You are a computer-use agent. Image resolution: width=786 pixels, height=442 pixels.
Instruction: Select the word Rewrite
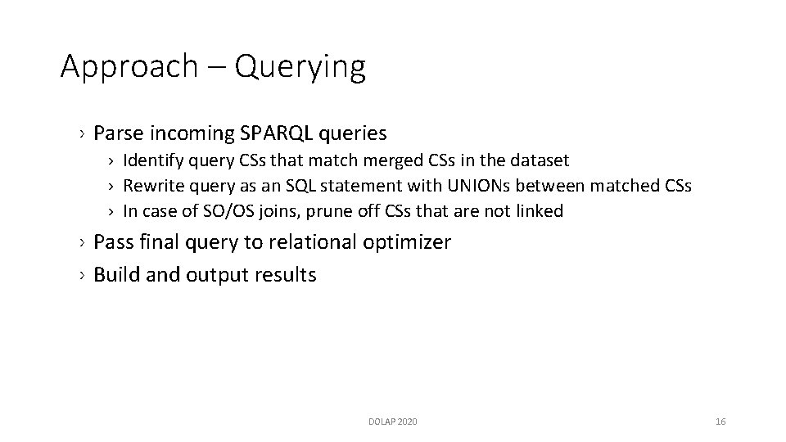pyautogui.click(x=151, y=186)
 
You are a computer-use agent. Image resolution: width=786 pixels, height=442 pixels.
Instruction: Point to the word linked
pyautogui.click(x=540, y=211)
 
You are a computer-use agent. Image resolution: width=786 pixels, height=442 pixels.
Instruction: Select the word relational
pyautogui.click(x=308, y=242)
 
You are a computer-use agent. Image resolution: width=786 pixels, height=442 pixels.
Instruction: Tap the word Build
pyautogui.click(x=116, y=274)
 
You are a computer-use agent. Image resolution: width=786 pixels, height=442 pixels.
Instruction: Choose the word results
pyautogui.click(x=283, y=274)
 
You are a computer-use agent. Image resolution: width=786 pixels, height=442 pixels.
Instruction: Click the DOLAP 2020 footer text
pyautogui.click(x=392, y=422)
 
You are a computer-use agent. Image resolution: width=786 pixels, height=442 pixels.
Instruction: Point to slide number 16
pyautogui.click(x=720, y=422)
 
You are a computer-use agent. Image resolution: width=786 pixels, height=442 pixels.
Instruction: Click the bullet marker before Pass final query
pyautogui.click(x=84, y=243)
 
